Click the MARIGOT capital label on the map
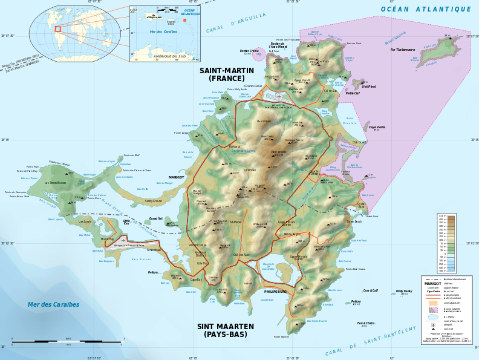[x=176, y=177]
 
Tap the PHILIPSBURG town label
[x=275, y=292]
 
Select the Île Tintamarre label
[x=403, y=50]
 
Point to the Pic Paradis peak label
[x=278, y=152]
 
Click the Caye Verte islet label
[x=377, y=127]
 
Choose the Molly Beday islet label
[x=404, y=291]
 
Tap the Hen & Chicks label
[x=366, y=323]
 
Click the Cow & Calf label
[x=371, y=290]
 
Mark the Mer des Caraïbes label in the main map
[x=53, y=305]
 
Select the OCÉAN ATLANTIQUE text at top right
[x=426, y=9]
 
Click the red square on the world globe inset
[x=57, y=28]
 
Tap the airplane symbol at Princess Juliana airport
[x=123, y=240]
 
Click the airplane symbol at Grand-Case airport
[x=279, y=96]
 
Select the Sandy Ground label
[x=153, y=201]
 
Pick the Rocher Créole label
[x=249, y=51]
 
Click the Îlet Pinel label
[x=369, y=87]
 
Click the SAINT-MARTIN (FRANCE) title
[x=227, y=74]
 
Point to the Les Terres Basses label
[x=54, y=183]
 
